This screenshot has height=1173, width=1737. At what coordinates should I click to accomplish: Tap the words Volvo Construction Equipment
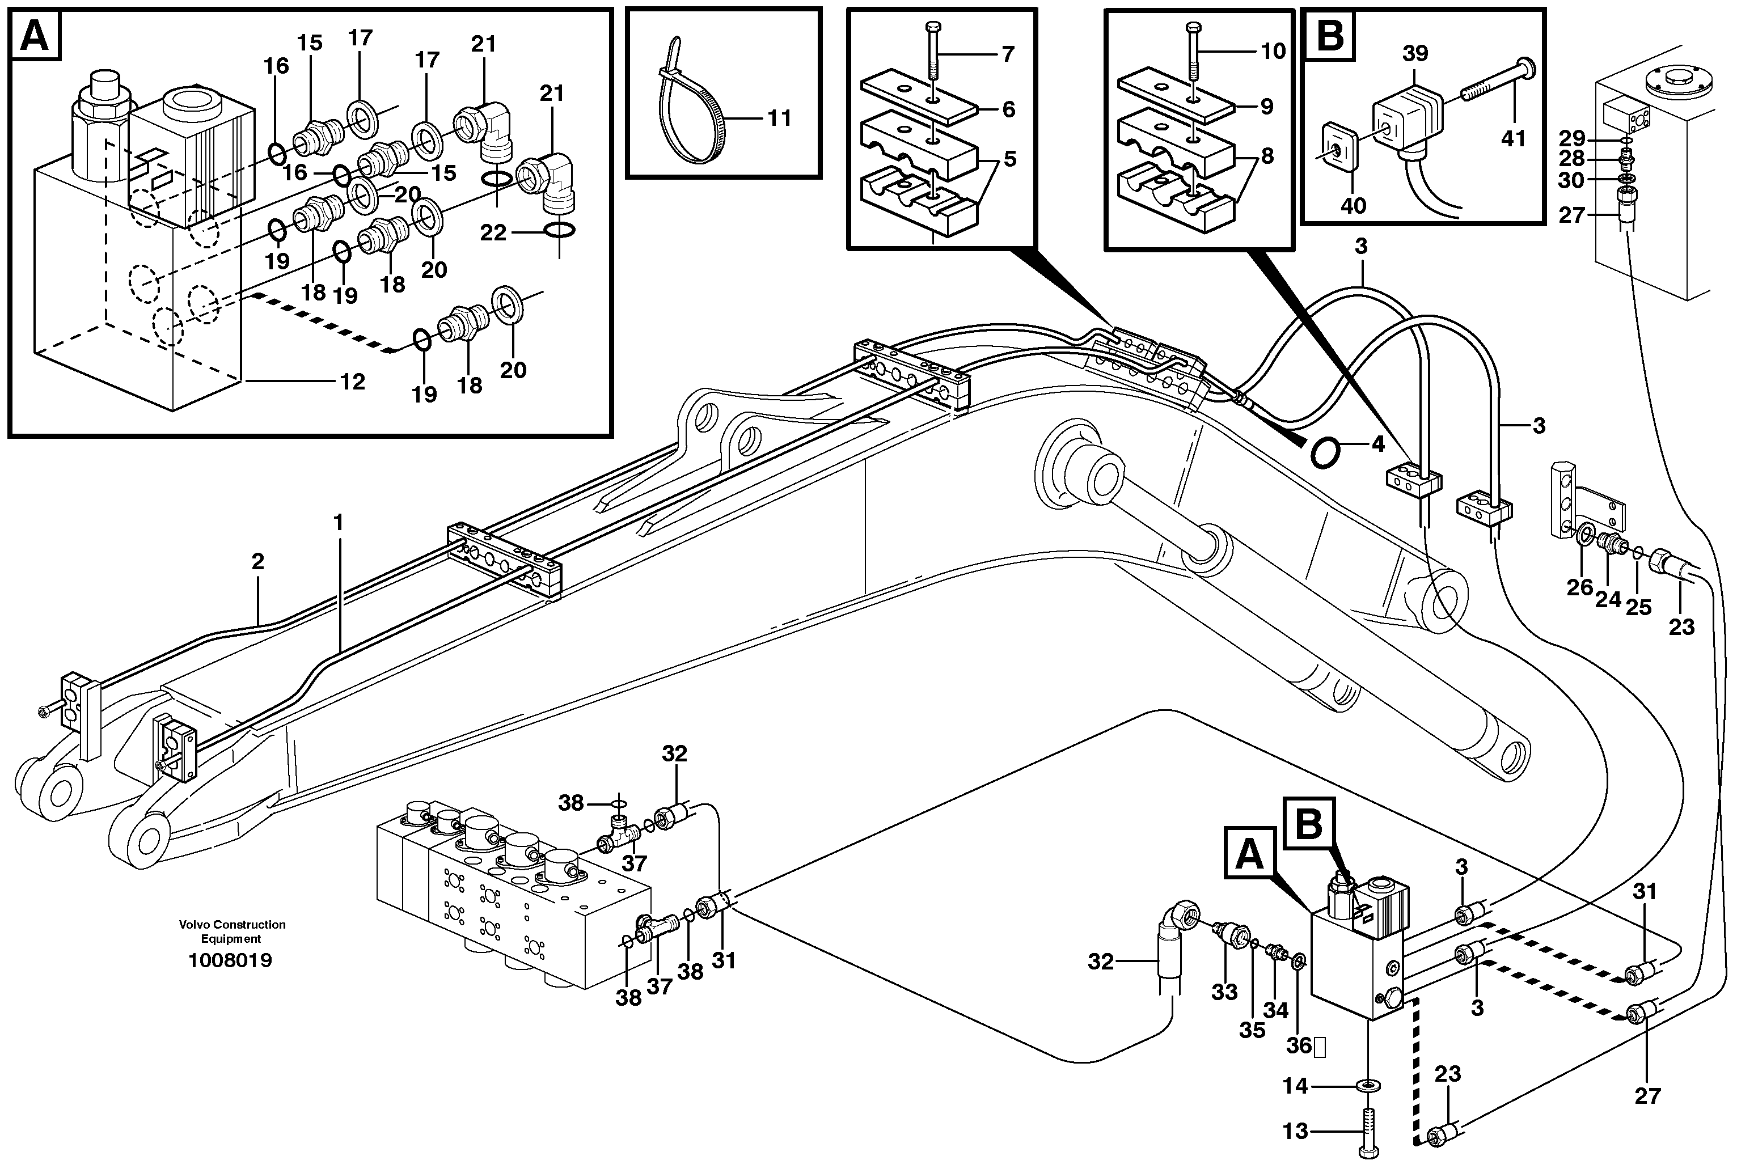(x=232, y=931)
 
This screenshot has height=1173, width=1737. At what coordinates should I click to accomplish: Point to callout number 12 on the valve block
(x=352, y=382)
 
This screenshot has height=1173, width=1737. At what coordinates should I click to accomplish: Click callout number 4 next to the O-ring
(x=1377, y=444)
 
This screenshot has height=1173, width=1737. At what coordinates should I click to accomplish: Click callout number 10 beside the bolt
(x=1273, y=51)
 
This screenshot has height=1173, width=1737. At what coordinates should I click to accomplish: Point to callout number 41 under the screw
(x=1513, y=138)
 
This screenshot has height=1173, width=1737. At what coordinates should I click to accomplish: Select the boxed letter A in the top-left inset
(x=35, y=35)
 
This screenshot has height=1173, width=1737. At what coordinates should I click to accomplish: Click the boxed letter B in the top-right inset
(x=1330, y=35)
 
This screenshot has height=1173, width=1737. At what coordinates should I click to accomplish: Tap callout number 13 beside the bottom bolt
(x=1295, y=1131)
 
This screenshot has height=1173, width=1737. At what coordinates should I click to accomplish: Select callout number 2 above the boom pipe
(x=258, y=561)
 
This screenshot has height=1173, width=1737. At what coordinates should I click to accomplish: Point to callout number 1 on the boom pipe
(x=338, y=522)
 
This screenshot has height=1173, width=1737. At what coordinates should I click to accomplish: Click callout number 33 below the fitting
(x=1224, y=992)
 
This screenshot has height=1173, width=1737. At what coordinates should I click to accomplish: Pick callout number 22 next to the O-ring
(x=493, y=233)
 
